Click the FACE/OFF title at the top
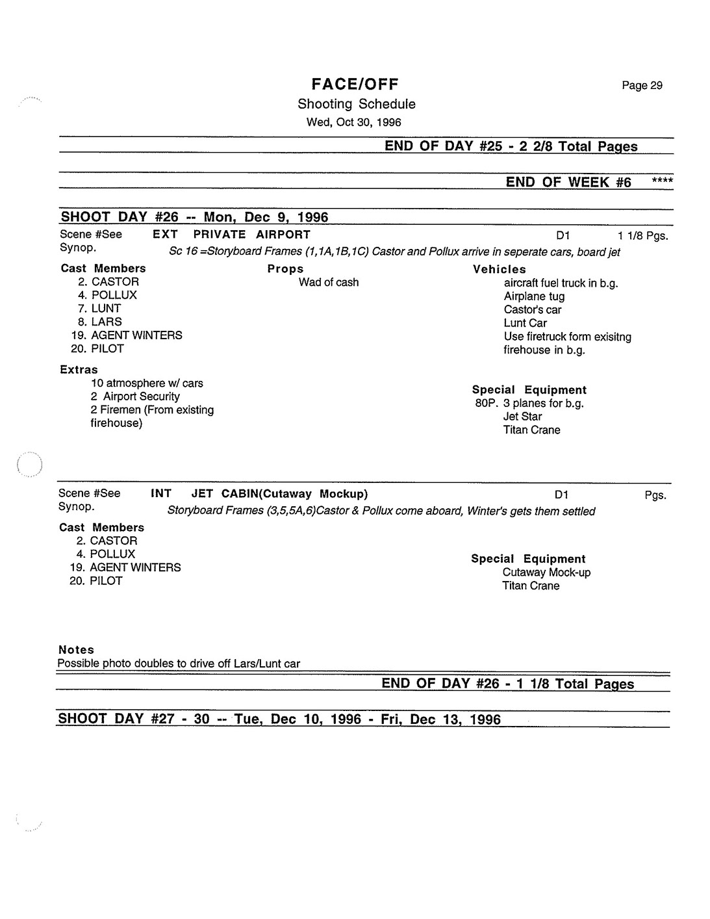click(355, 84)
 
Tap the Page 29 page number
click(642, 85)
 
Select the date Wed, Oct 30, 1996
click(354, 122)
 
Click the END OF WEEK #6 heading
click(568, 182)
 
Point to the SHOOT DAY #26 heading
click(194, 217)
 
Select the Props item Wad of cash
click(329, 282)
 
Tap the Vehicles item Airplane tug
click(534, 296)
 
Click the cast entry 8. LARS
click(100, 322)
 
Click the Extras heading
click(79, 369)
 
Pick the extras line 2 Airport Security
click(135, 396)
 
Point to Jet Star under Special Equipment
click(522, 417)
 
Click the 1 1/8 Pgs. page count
click(643, 235)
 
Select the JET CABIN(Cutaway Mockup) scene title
click(279, 494)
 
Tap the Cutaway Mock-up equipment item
click(546, 573)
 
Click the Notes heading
click(76, 649)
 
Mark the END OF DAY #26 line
click(507, 683)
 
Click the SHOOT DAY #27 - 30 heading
click(279, 719)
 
